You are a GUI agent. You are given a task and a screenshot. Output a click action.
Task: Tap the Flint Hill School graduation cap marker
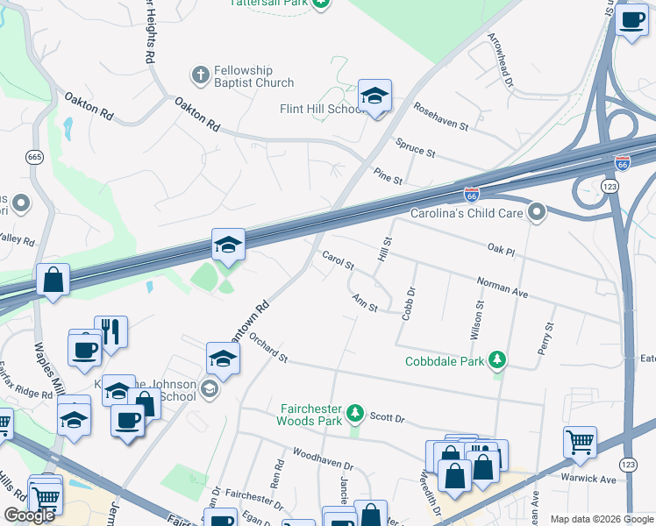[374, 96]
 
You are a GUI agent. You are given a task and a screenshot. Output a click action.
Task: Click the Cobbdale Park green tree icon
[497, 360]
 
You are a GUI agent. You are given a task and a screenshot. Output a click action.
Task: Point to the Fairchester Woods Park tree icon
[354, 411]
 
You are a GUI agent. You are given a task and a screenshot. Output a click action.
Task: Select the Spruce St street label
[415, 147]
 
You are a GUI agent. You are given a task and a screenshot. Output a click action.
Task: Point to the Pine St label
[387, 175]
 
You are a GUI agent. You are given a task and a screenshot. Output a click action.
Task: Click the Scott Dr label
[386, 419]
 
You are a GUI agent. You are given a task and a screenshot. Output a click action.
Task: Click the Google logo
[30, 515]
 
